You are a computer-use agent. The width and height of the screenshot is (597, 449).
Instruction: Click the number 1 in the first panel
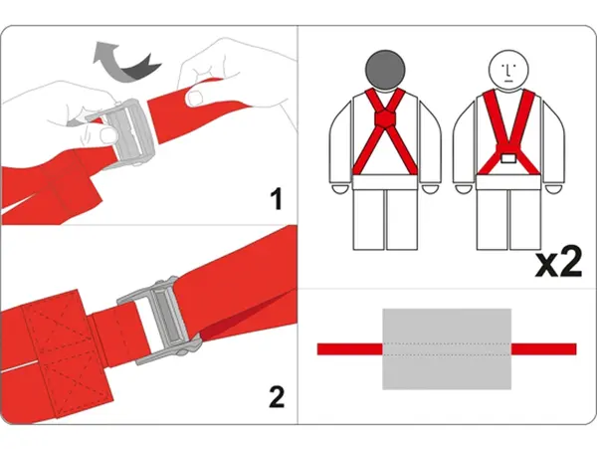(x=277, y=198)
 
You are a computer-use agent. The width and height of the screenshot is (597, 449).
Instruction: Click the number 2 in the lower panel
(x=277, y=396)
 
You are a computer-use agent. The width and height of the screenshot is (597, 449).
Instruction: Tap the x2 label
(x=558, y=263)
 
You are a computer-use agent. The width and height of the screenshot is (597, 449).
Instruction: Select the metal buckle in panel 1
(x=125, y=133)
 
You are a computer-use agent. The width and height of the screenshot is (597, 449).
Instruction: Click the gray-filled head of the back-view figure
(x=385, y=70)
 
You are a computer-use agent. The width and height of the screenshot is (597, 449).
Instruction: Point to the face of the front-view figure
(x=507, y=70)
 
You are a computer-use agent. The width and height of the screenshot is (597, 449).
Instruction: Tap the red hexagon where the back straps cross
(x=385, y=118)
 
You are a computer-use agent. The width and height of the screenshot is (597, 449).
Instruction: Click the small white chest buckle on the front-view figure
(x=508, y=158)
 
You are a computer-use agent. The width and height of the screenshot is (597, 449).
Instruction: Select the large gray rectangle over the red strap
(x=447, y=348)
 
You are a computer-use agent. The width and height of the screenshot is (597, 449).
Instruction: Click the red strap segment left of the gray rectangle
(x=350, y=348)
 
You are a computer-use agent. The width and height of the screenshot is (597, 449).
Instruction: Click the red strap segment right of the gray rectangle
(x=543, y=348)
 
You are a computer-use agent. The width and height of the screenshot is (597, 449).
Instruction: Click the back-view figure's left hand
(x=339, y=189)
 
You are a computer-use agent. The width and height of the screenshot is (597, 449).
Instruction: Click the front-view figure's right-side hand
(x=554, y=189)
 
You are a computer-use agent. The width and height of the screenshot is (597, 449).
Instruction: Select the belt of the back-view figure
(x=385, y=182)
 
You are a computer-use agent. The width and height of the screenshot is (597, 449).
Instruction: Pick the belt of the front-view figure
(x=507, y=182)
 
